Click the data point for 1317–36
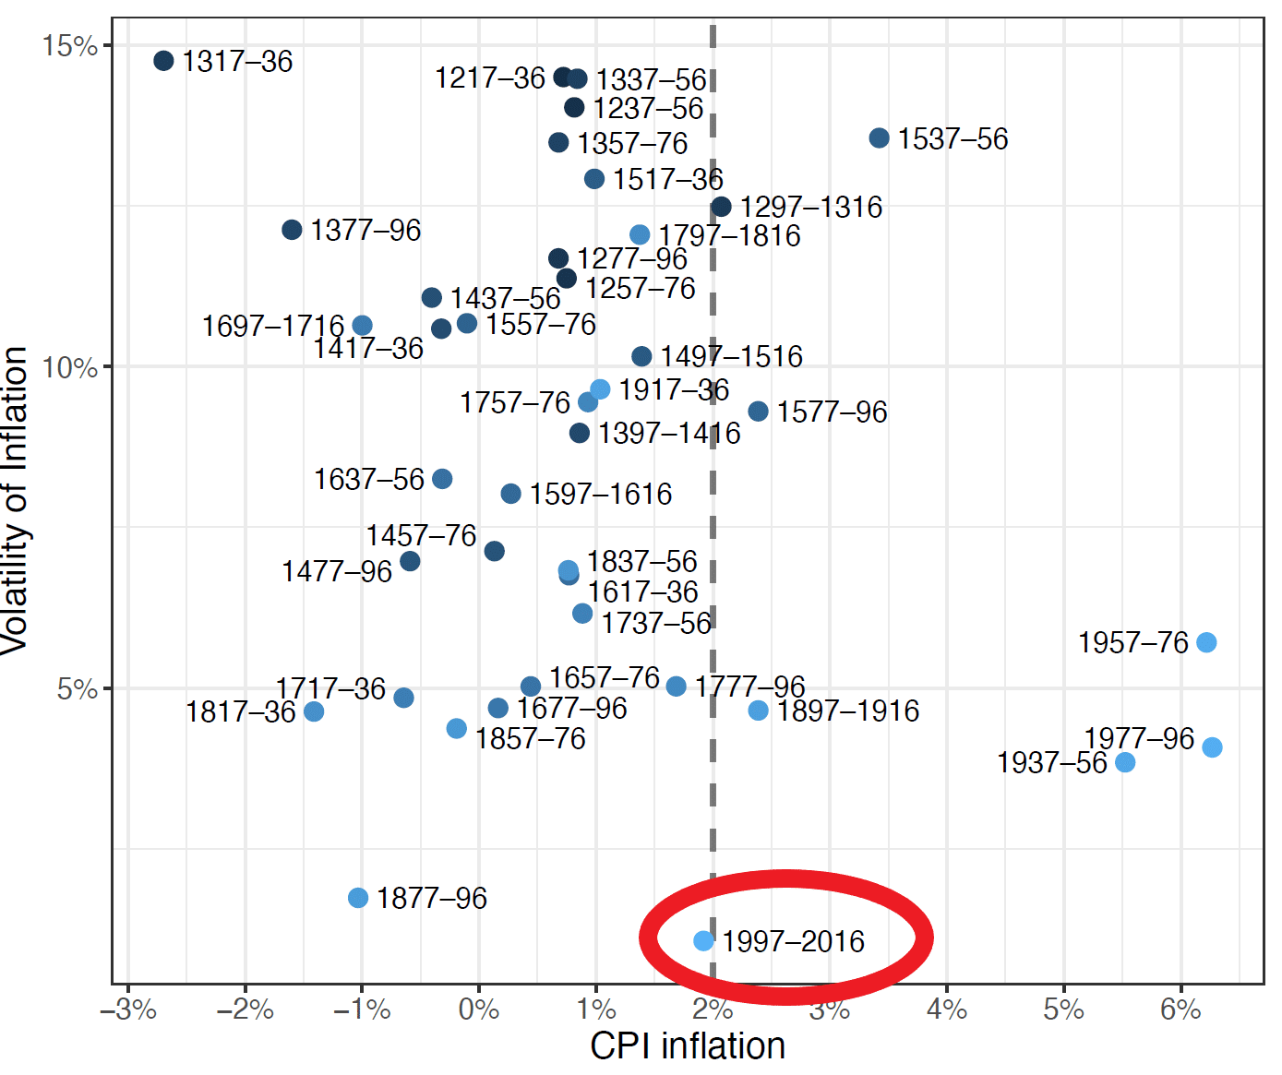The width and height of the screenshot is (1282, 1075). pyautogui.click(x=163, y=61)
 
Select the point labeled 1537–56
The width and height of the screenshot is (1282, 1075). pyautogui.click(x=879, y=138)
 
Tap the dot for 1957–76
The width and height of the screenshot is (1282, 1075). pyautogui.click(x=1206, y=642)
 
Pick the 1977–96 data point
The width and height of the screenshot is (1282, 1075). pyautogui.click(x=1212, y=747)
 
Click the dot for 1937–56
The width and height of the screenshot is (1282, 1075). pyautogui.click(x=1124, y=762)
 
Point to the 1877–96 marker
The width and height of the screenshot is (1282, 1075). pyautogui.click(x=358, y=898)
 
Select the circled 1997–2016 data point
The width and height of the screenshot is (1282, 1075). pyautogui.click(x=703, y=940)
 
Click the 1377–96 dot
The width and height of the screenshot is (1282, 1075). pyautogui.click(x=292, y=230)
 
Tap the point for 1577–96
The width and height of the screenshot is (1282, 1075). pyautogui.click(x=758, y=412)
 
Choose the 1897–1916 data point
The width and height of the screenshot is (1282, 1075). pyautogui.click(x=758, y=711)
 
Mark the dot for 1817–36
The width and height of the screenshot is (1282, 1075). pyautogui.click(x=314, y=711)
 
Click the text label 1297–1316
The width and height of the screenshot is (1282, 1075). pyautogui.click(x=810, y=207)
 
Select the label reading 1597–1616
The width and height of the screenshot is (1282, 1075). pyautogui.click(x=600, y=495)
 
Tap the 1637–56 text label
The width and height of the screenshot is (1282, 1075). pyautogui.click(x=368, y=480)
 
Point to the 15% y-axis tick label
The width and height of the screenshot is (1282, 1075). pyautogui.click(x=70, y=46)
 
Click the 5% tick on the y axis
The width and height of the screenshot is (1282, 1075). pyautogui.click(x=78, y=688)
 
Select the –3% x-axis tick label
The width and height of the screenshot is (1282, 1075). pyautogui.click(x=128, y=1009)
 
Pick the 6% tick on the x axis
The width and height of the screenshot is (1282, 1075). pyautogui.click(x=1180, y=1009)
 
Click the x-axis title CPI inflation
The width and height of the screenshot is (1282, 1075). pyautogui.click(x=688, y=1046)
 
